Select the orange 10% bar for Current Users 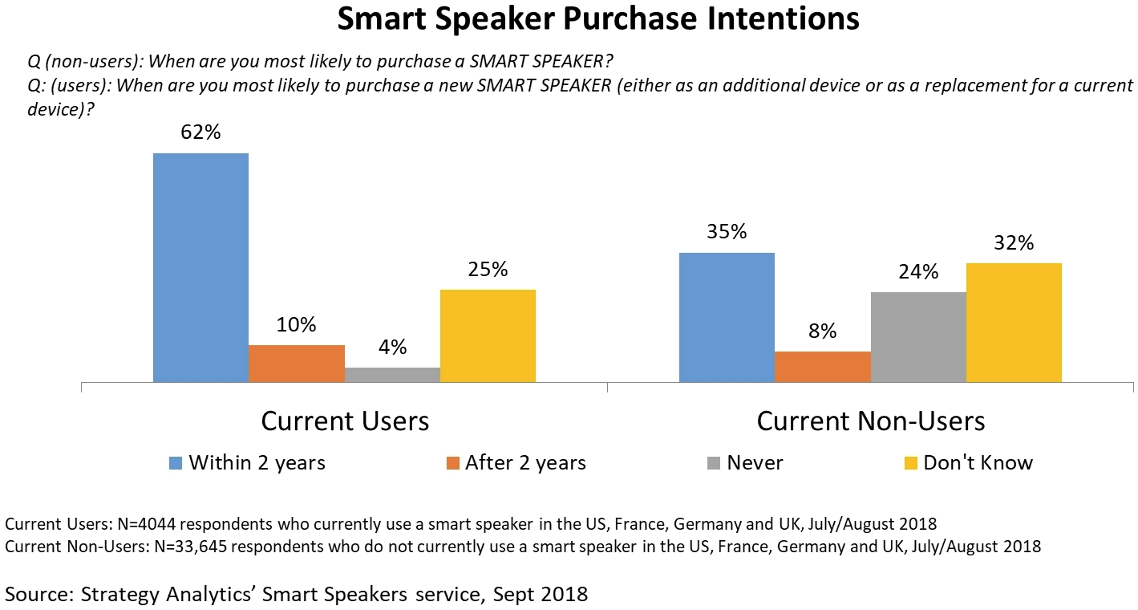(297, 364)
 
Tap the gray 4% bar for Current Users (393, 375)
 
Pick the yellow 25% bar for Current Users (488, 335)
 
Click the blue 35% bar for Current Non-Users (727, 317)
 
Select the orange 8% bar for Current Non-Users (823, 367)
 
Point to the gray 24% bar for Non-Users (918, 337)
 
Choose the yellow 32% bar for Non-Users (1014, 323)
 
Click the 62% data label (200, 132)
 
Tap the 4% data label (393, 348)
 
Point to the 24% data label (918, 272)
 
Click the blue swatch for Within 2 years (176, 463)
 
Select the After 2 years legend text (525, 463)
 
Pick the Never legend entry (755, 463)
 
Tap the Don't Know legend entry (978, 463)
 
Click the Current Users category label (345, 421)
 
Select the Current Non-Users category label (870, 421)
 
